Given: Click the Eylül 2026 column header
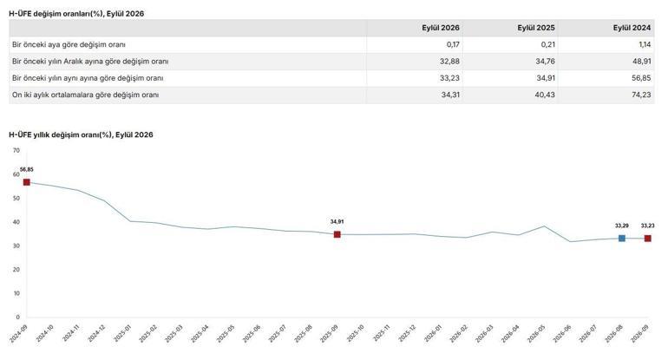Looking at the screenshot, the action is coord(441,28).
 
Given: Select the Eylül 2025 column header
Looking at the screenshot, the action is coord(536,28).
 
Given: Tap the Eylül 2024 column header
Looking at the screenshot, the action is coord(632,28).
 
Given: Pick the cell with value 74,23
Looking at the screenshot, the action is coord(641,95).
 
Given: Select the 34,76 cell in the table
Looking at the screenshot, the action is coord(546,61).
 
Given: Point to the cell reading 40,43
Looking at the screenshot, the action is coord(545,95).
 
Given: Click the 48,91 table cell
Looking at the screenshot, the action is coord(642,61).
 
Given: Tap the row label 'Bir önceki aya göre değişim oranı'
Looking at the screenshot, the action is coord(69,44).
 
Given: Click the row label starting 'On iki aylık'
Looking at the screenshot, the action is coord(85,95).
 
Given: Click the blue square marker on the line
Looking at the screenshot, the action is coord(621,239).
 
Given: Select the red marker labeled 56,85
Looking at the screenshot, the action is coord(26,182).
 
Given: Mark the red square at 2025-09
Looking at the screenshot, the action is coord(337,234).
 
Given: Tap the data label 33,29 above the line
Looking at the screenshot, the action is coord(621,226).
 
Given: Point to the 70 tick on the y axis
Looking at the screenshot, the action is coord(16,150).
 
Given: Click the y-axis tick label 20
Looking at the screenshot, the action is coord(16,270).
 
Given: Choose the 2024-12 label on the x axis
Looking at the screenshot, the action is coord(96,334).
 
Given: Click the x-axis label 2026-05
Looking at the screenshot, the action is coord(536,334).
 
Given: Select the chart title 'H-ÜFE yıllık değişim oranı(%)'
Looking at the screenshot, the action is coord(61,134).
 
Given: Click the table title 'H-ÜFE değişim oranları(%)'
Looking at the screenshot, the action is coord(56,14).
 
